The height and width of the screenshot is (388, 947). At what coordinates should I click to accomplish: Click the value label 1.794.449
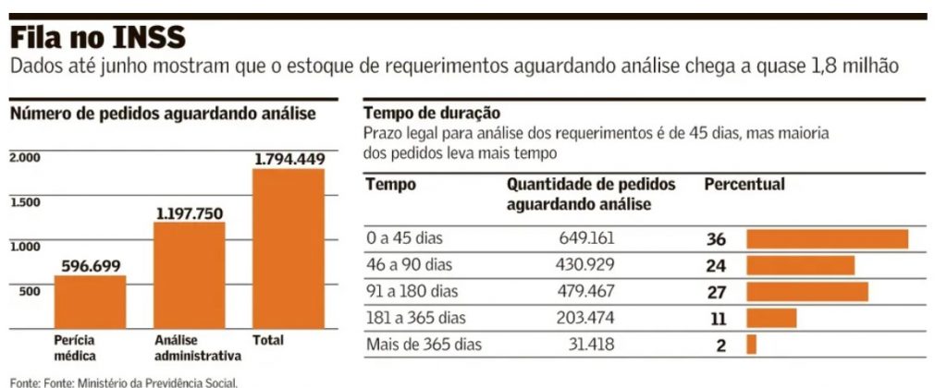tap(289, 159)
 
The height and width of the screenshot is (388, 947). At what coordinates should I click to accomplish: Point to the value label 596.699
tap(91, 266)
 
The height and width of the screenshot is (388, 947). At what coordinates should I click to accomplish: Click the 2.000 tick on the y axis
tap(25, 158)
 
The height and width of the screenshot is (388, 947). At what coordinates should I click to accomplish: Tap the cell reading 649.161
tap(586, 238)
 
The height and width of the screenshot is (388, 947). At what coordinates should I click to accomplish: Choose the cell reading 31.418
tap(592, 346)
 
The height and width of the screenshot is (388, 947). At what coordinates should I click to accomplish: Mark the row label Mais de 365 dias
tap(424, 346)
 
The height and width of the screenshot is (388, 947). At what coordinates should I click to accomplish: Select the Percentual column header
tap(744, 185)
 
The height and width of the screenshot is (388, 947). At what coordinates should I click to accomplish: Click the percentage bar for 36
tap(827, 239)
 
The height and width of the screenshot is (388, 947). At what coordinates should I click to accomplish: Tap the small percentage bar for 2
tap(751, 345)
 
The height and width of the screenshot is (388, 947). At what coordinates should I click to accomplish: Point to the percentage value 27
tap(716, 293)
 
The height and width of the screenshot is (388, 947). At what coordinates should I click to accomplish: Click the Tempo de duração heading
tap(420, 114)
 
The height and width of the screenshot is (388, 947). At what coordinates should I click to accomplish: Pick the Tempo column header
tap(390, 185)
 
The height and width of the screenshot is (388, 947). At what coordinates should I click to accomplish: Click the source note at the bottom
tap(124, 381)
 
